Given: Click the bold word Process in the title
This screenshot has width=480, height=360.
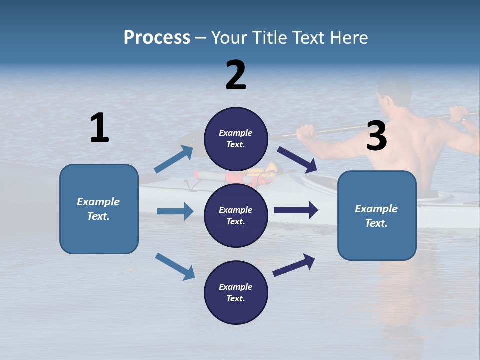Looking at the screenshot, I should tap(157, 37).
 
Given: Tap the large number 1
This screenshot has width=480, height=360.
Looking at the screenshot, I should tap(99, 128).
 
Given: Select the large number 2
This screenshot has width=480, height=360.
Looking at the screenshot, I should tap(236, 75).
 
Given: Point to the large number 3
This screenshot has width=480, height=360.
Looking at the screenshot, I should tap(376, 136).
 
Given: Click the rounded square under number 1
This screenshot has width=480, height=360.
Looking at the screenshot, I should tap(99, 209).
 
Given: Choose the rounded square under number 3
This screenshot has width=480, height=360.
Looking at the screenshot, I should tap(377, 215).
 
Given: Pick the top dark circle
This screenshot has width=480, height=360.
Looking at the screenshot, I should tap(236, 139).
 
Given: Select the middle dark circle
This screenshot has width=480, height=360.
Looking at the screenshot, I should tap(236, 215).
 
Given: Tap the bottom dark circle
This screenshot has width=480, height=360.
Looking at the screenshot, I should tap(236, 292).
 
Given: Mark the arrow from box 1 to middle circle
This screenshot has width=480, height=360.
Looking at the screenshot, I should tap(175, 211).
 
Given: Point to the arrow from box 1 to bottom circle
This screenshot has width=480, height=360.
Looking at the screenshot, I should tap(175, 266).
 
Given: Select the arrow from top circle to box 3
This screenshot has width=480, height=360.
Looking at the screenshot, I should tap(297, 159).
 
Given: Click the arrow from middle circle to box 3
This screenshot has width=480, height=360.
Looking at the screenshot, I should tap(296, 210).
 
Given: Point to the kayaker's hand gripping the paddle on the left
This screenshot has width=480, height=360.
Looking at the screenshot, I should tap(306, 132).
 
